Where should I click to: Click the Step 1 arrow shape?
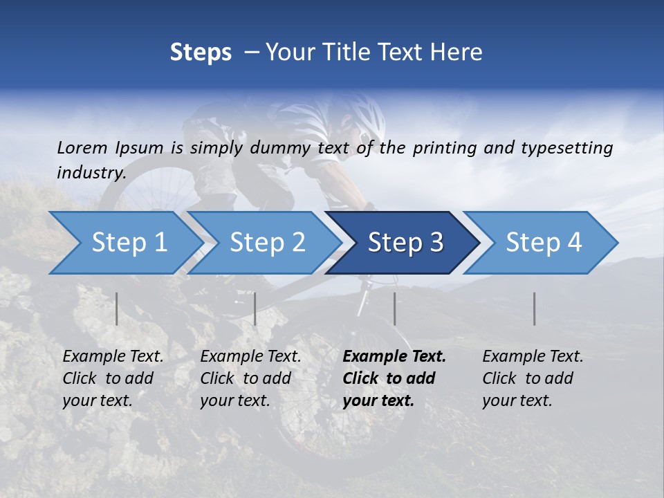[124, 243]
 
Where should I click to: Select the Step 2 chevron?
[266, 243]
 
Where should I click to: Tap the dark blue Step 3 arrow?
[405, 243]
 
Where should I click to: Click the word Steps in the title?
[201, 53]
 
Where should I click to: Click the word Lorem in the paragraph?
[82, 147]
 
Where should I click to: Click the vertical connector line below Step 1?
[117, 308]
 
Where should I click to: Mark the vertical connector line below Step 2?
[255, 308]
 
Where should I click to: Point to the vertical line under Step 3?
[394, 308]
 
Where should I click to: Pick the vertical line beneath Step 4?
[535, 308]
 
